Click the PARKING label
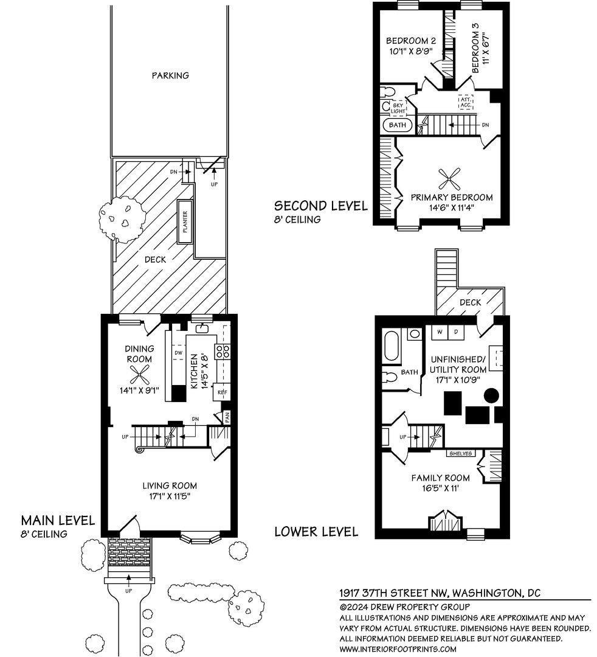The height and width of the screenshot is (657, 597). pyautogui.click(x=170, y=75)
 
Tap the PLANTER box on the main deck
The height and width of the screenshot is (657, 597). pyautogui.click(x=185, y=221)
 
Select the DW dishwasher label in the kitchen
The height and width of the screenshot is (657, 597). pyautogui.click(x=178, y=353)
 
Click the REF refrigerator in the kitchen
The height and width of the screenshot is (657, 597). pyautogui.click(x=222, y=392)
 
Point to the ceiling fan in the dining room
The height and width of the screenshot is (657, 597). pyautogui.click(x=139, y=375)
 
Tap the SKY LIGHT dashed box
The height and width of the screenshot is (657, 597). pyautogui.click(x=398, y=108)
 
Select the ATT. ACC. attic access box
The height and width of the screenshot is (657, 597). pyautogui.click(x=466, y=102)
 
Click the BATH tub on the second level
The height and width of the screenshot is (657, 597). pyautogui.click(x=398, y=125)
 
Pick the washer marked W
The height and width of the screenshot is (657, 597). pyautogui.click(x=440, y=332)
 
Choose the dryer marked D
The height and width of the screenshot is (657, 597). pyautogui.click(x=456, y=332)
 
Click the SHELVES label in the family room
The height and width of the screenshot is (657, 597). pyautogui.click(x=461, y=453)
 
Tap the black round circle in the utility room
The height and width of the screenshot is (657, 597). pyautogui.click(x=491, y=395)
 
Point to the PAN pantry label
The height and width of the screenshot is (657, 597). pyautogui.click(x=227, y=417)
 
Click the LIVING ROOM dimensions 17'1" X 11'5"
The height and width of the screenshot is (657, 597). pyautogui.click(x=170, y=496)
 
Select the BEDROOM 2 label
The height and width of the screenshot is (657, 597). pyautogui.click(x=411, y=41)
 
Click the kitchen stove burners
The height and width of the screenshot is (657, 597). pyautogui.click(x=222, y=351)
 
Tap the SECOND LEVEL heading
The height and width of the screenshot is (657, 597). pyautogui.click(x=321, y=206)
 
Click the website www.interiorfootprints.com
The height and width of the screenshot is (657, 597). pyautogui.click(x=398, y=649)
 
